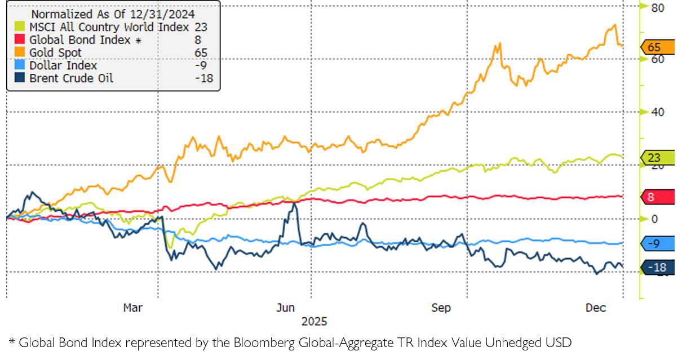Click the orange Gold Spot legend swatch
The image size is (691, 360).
coord(20,53)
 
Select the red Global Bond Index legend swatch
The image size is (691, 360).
coord(20,40)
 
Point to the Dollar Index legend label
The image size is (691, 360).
coord(63,66)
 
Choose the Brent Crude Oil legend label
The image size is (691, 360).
coord(71,78)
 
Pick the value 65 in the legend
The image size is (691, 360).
coord(201,53)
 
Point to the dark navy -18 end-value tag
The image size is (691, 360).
coord(657,268)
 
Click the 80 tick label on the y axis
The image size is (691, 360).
coord(657,8)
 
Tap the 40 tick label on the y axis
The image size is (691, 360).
coord(657,112)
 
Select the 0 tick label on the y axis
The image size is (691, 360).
coord(654,219)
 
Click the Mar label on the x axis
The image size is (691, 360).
coord(133,308)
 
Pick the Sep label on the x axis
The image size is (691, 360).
coord(441,308)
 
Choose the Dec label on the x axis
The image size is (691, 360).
coord(596,308)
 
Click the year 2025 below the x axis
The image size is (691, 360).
coord(314,322)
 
